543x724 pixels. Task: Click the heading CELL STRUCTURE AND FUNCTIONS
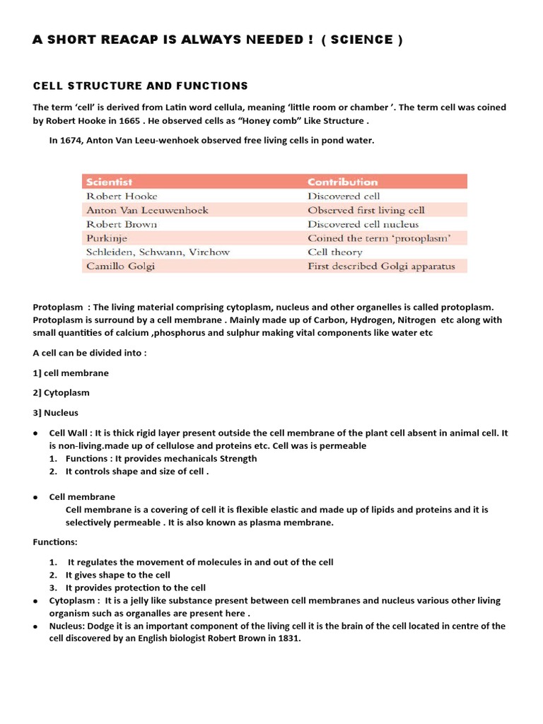pos(140,86)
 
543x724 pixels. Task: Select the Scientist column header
pos(110,182)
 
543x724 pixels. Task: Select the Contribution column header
pos(343,182)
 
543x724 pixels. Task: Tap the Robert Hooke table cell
pos(122,196)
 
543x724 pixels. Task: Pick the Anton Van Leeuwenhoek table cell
pos(147,210)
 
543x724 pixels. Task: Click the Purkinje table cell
pos(107,238)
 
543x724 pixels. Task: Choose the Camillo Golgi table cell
pos(120,267)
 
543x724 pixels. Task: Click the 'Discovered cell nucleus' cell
pos(363,224)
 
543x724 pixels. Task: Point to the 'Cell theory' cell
pos(335,252)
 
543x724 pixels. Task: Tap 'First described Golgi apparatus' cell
pos(381,267)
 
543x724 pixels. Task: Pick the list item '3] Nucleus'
pos(56,412)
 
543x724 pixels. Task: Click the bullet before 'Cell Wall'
pos(35,433)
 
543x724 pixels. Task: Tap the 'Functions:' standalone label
pos(55,542)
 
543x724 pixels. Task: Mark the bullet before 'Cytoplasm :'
pos(35,601)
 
